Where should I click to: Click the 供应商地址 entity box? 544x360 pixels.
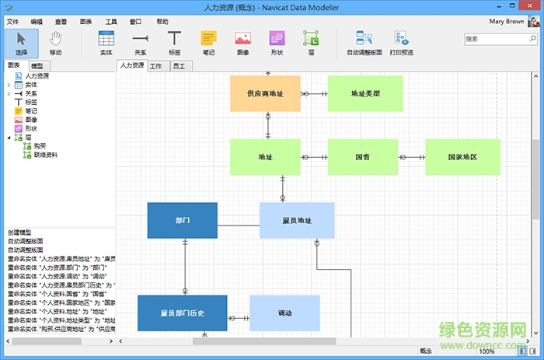click(265, 93)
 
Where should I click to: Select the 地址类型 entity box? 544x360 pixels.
click(364, 93)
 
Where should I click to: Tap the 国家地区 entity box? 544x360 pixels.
click(462, 157)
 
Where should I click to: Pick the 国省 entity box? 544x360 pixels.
click(362, 157)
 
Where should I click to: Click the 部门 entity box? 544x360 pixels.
click(182, 220)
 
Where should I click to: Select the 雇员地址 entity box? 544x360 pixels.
click(297, 220)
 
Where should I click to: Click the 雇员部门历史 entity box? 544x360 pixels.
click(182, 313)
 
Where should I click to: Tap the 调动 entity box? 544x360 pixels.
click(284, 313)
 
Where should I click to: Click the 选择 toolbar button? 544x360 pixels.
click(21, 43)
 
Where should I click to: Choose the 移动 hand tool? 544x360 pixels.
click(56, 43)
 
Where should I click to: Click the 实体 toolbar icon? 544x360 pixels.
click(106, 43)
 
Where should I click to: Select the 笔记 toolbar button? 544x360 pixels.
click(208, 43)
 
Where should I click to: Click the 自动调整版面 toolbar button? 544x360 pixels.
click(364, 43)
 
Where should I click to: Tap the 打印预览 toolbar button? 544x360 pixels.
click(401, 43)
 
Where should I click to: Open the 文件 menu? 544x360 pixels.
click(12, 22)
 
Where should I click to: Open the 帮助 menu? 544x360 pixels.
click(162, 22)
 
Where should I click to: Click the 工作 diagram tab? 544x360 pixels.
click(156, 67)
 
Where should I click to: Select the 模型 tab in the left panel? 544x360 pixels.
click(37, 67)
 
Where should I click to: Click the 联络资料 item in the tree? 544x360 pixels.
click(46, 155)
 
